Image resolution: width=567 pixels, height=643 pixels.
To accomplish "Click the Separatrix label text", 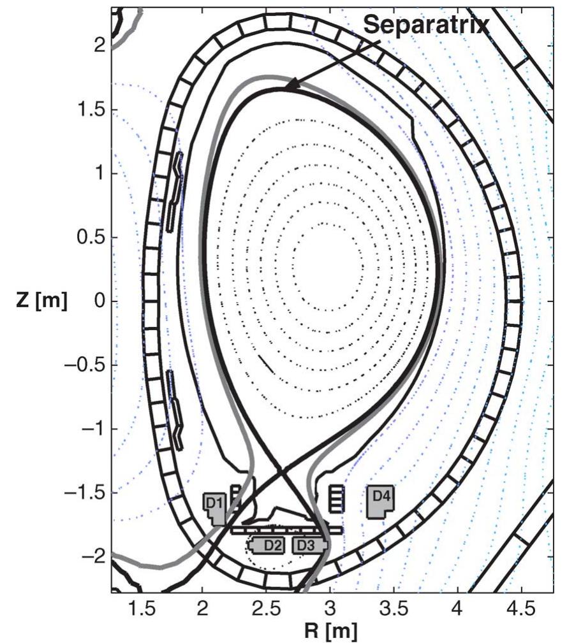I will click(x=426, y=24).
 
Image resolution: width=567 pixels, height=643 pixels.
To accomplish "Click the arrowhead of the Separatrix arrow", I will click(x=288, y=87).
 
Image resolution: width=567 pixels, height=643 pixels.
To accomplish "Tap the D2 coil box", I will click(x=271, y=545).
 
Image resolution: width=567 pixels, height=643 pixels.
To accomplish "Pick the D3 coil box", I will click(x=307, y=545).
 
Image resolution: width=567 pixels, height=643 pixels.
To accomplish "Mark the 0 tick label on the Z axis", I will click(x=99, y=301).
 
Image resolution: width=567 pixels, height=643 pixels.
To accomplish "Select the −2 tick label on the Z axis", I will click(x=92, y=556).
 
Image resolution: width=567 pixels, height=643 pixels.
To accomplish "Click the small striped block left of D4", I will click(x=336, y=498).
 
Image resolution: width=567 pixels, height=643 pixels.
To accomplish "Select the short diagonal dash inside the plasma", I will click(x=267, y=364).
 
